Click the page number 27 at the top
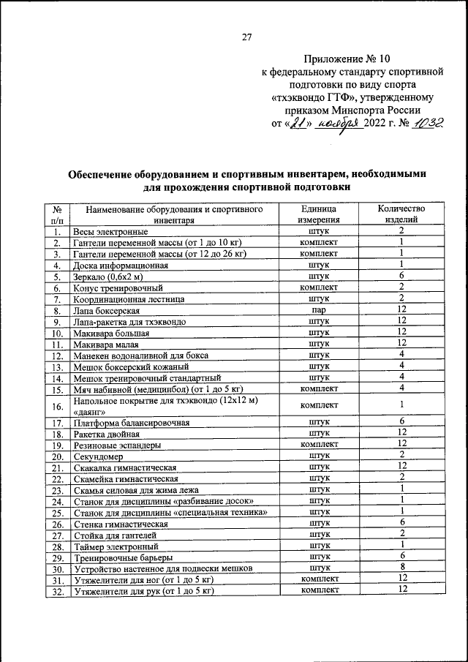(x=246, y=38)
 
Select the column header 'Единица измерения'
(x=319, y=214)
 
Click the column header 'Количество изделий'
(x=401, y=214)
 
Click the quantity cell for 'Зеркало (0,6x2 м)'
(x=401, y=276)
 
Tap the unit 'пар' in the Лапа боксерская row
(x=319, y=310)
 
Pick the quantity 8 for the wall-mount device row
(x=401, y=567)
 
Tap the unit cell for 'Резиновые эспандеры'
(x=319, y=444)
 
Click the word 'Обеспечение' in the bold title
(x=105, y=175)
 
